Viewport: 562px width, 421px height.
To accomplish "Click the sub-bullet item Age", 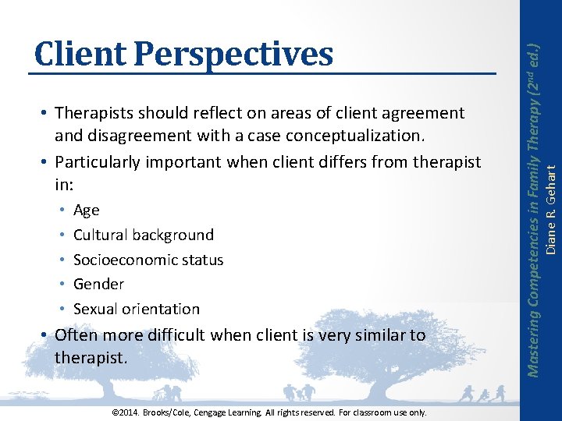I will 86,210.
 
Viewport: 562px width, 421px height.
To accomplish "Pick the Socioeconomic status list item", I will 148,260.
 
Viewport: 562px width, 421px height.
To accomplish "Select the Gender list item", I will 98,285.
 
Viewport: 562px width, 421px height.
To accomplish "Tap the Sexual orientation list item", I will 136,309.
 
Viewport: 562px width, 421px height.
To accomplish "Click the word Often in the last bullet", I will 76,335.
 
